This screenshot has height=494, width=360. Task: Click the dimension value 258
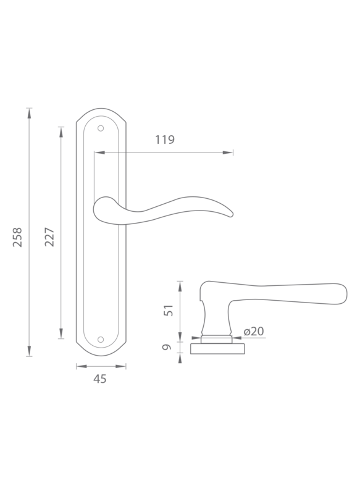17,237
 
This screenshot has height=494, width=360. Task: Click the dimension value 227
49,237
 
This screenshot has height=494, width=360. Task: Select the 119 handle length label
165,140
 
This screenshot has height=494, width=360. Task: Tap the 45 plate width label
100,379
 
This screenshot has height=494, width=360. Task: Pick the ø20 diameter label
254,331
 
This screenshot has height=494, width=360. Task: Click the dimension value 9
167,347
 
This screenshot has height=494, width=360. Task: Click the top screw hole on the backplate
101,128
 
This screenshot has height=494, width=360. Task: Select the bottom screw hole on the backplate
101,339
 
